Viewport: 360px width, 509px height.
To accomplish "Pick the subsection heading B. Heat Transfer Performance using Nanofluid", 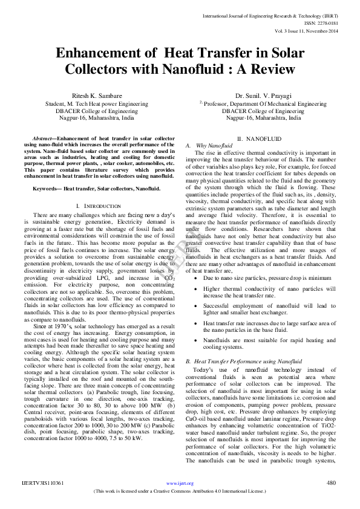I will click(243, 360).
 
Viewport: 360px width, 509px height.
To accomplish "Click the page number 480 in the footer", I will click(331, 482).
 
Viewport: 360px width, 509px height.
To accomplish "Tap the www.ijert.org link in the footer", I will click(180, 483).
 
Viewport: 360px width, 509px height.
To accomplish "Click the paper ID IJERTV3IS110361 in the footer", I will click(42, 482).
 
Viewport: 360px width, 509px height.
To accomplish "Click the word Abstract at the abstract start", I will click(44, 139).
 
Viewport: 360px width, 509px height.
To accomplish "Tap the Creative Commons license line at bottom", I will click(180, 491).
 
